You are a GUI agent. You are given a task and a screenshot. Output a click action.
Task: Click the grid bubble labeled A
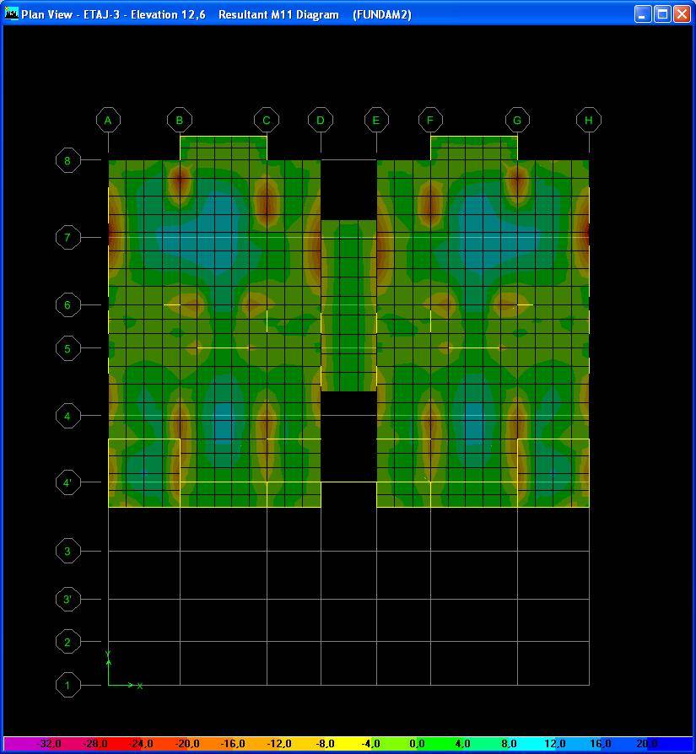tap(108, 121)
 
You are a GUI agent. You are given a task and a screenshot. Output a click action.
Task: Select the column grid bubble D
tap(321, 121)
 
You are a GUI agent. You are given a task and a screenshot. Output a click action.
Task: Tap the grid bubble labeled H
tap(589, 121)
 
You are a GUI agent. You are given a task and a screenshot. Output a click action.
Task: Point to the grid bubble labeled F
tap(430, 121)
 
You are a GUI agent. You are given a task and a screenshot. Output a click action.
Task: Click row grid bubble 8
tap(67, 160)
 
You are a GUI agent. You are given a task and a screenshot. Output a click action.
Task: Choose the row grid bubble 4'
tap(67, 482)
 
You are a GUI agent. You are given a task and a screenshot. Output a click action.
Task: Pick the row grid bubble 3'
tap(67, 599)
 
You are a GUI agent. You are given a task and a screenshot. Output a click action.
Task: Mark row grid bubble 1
tap(67, 685)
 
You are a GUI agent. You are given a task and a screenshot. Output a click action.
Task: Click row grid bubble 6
tap(67, 304)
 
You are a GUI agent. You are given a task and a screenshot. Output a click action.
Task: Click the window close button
tap(682, 14)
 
